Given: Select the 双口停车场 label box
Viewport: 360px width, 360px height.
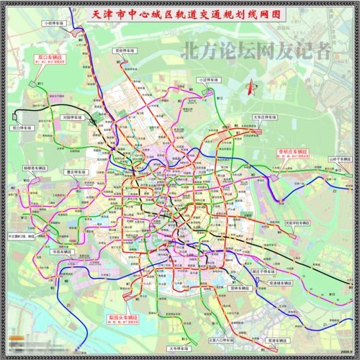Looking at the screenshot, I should coord(24,127).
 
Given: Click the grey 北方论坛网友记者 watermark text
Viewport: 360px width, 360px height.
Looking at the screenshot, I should coord(256,50).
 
